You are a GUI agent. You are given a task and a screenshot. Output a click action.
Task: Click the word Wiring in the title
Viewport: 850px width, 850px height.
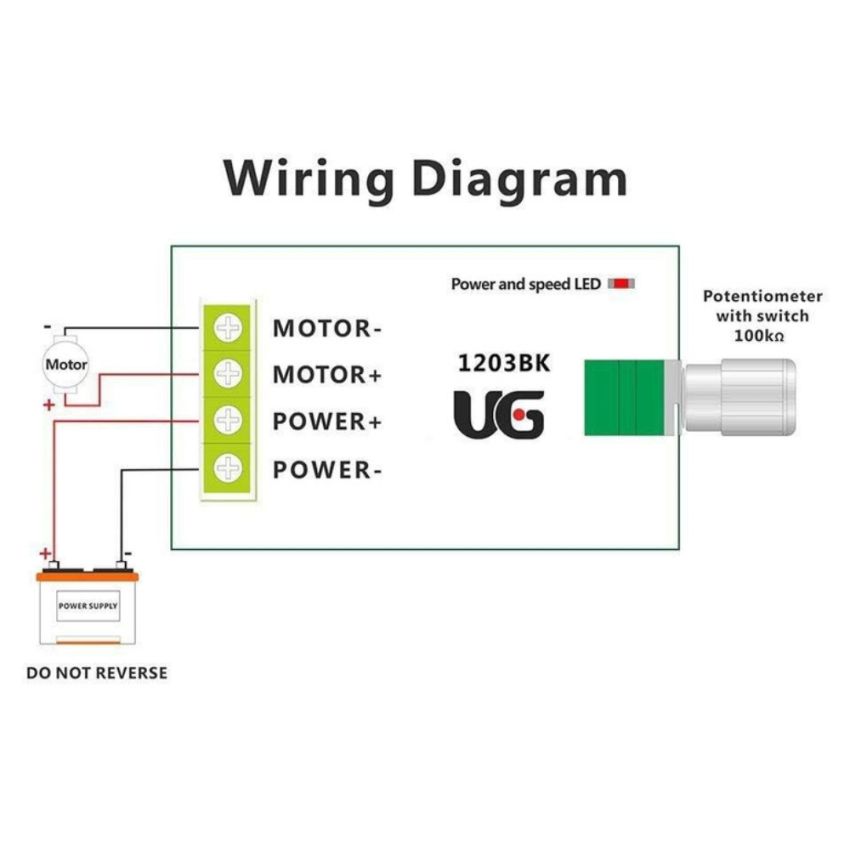point(309,180)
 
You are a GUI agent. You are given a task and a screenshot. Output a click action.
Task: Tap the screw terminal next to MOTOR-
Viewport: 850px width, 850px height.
point(229,327)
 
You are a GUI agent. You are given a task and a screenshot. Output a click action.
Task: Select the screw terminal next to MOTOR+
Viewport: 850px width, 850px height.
point(229,374)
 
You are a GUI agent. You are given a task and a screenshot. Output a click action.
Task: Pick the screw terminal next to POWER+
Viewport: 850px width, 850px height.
point(229,420)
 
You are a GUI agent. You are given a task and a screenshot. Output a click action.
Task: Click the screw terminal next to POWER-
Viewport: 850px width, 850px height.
point(229,467)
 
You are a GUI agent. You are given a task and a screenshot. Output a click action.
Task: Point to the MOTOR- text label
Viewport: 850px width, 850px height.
point(328,328)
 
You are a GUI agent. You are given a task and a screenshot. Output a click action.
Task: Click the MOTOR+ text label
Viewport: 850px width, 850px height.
point(328,375)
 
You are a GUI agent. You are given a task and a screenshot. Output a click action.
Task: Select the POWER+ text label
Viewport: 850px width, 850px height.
point(328,421)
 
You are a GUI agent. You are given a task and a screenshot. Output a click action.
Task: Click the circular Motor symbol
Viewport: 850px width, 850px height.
point(66,365)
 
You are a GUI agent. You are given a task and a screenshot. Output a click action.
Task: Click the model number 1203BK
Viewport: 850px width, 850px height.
point(503,363)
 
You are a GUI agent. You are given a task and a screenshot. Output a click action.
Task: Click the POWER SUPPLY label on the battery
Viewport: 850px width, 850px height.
point(87,606)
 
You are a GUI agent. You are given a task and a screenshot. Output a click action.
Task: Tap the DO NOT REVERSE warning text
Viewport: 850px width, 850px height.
point(97,673)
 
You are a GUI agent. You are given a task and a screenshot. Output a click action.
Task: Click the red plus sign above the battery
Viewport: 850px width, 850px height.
point(45,553)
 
